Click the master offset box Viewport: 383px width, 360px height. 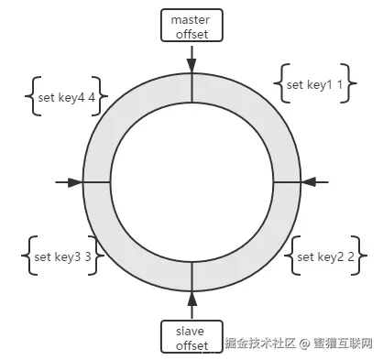pos(191,26)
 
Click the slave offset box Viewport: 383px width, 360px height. pos(191,335)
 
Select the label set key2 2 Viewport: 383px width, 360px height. pos(325,257)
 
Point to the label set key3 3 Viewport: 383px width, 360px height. pos(62,257)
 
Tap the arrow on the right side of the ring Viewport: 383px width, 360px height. pos(308,182)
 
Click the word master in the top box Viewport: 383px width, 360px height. pos(191,18)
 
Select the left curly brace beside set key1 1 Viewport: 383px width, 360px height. pos(279,84)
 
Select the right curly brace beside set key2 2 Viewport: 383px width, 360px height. pos(364,257)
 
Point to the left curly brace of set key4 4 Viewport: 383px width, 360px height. pos(30,94)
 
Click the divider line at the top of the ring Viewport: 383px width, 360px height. pos(191,89)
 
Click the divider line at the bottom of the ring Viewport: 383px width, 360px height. pos(191,276)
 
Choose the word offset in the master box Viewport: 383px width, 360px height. pos(191,35)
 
